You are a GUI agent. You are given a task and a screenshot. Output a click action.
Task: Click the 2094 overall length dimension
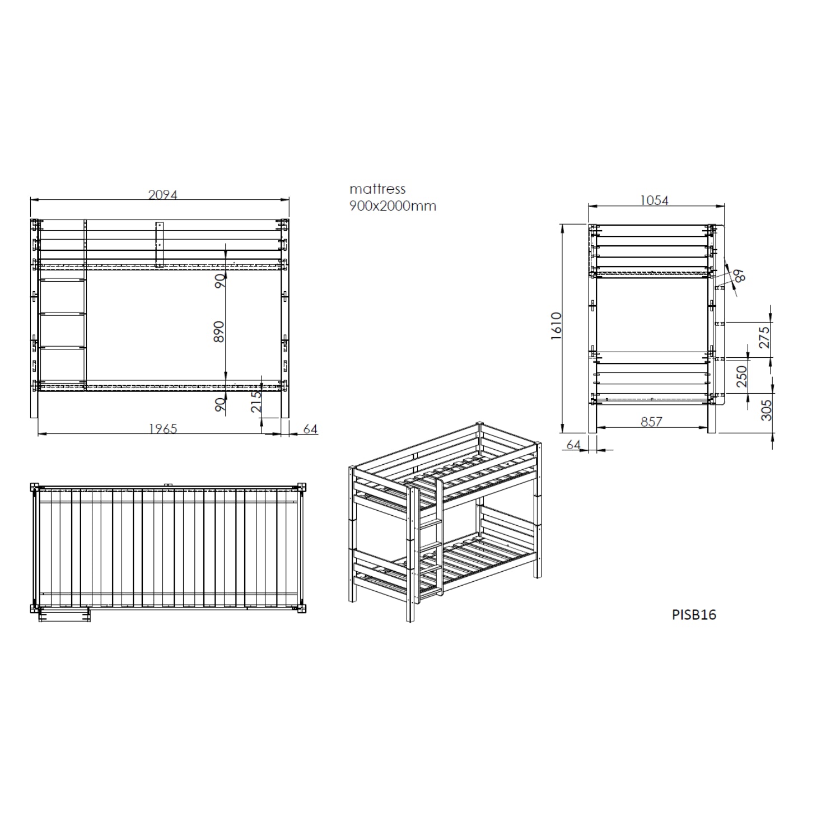pyautogui.click(x=162, y=194)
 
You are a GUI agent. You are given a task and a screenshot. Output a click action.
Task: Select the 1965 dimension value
pyautogui.click(x=163, y=428)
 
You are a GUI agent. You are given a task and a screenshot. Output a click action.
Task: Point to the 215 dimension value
pyautogui.click(x=256, y=402)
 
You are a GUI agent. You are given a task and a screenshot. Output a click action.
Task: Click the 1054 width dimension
pyautogui.click(x=654, y=200)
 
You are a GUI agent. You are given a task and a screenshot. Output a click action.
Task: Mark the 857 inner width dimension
pyautogui.click(x=652, y=422)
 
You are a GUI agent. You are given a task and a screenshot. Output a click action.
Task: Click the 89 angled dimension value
pyautogui.click(x=739, y=276)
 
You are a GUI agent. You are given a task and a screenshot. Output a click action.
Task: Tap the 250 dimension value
pyautogui.click(x=741, y=376)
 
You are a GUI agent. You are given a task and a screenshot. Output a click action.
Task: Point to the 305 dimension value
pyautogui.click(x=767, y=410)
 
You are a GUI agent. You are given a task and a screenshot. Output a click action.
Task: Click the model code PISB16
pyautogui.click(x=694, y=614)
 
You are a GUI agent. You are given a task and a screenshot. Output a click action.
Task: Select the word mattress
pyautogui.click(x=377, y=189)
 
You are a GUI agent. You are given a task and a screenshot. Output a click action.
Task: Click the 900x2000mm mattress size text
pyautogui.click(x=393, y=206)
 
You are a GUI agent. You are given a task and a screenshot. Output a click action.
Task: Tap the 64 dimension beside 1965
pyautogui.click(x=310, y=429)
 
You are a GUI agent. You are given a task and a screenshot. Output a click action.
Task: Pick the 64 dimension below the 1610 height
pyautogui.click(x=573, y=444)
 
